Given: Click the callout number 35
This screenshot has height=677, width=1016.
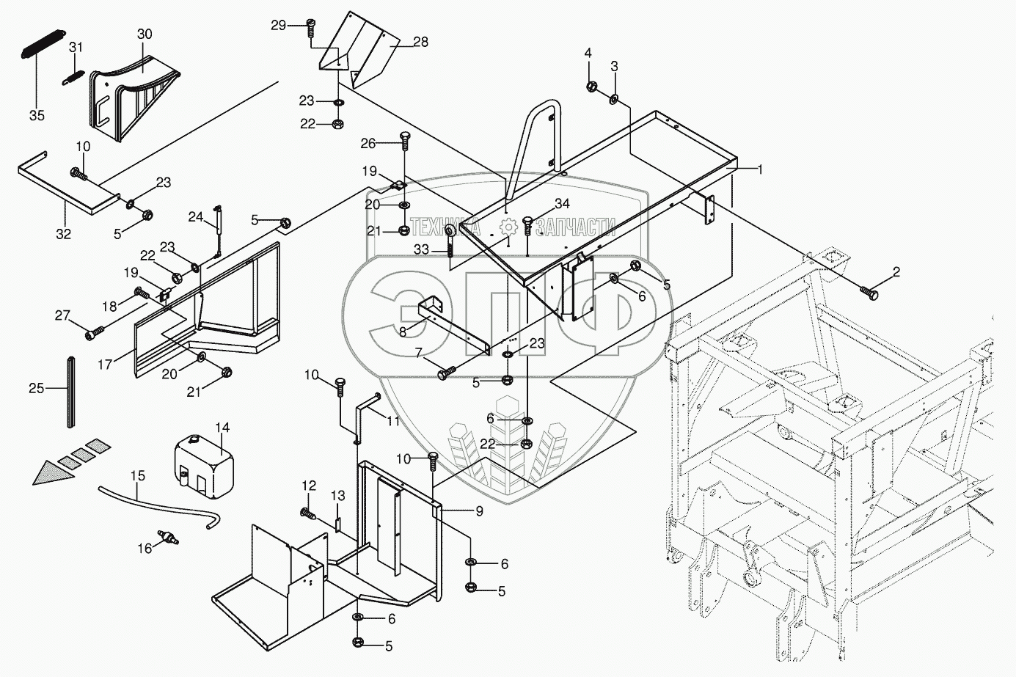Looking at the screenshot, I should (37, 115).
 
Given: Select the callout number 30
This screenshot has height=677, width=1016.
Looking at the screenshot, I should (145, 34).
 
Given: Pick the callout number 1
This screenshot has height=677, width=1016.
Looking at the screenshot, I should (761, 169).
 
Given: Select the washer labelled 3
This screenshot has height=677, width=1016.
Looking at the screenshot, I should (614, 99).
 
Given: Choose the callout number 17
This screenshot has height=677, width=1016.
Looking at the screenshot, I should (107, 363).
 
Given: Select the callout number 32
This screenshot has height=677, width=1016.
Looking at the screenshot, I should (64, 234).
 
